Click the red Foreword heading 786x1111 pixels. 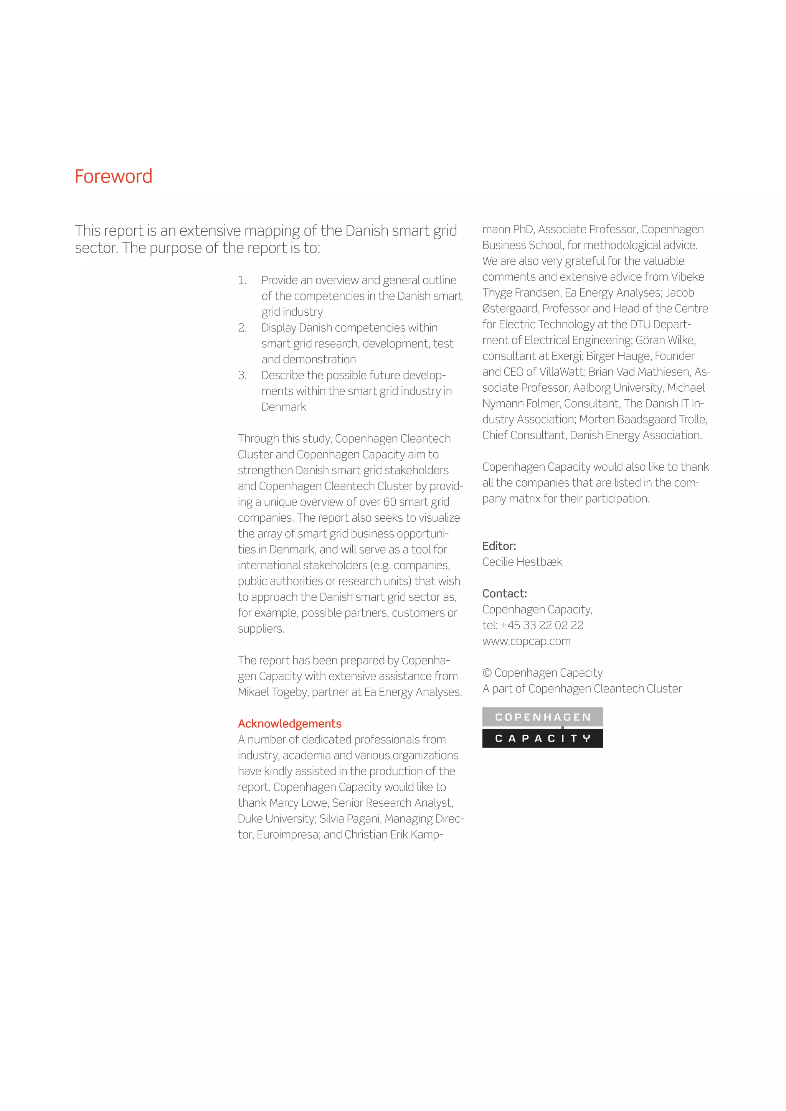pos(113,176)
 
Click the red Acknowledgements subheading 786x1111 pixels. pos(289,724)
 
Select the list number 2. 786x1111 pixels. pos(242,328)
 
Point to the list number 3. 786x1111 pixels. pos(242,375)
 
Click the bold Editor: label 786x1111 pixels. pos(499,546)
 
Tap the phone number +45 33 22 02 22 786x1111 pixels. pos(542,625)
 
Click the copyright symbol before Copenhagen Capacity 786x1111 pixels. pos(487,673)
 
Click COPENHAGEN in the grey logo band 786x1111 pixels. pos(543,717)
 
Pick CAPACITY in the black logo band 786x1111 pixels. pos(543,738)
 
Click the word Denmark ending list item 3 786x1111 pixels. pos(284,407)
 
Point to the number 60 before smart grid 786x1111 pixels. pos(390,502)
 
